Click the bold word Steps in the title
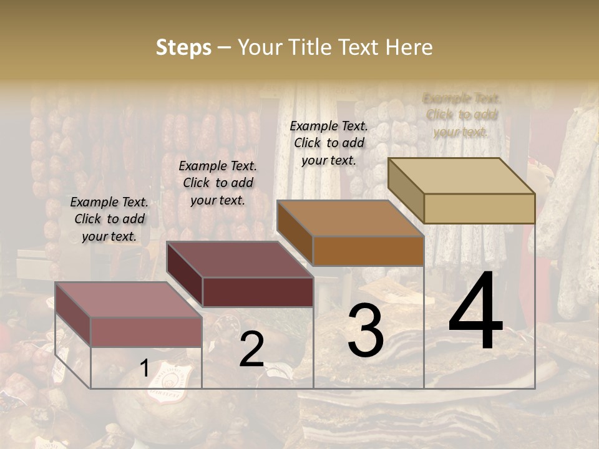183,47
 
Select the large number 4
475,312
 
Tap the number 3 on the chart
365,331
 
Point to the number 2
251,350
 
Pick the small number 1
144,369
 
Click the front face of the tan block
479,208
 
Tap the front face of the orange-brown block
368,251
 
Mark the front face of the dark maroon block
258,292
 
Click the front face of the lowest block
146,332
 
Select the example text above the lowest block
109,219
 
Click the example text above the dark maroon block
218,183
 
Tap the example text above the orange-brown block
329,143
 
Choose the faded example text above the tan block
461,115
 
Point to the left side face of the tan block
406,190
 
